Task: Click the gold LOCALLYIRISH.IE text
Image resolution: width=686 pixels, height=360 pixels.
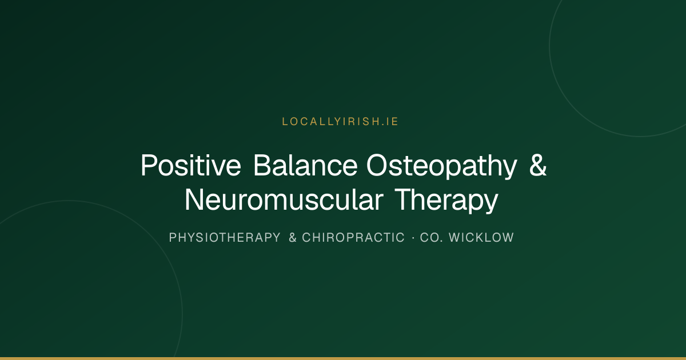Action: point(340,122)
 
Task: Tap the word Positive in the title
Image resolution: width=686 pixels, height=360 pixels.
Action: point(191,165)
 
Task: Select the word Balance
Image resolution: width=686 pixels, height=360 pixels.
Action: point(306,165)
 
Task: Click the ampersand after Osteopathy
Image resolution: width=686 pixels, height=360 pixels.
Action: point(538,165)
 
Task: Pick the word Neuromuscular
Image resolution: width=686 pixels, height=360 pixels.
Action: point(284,199)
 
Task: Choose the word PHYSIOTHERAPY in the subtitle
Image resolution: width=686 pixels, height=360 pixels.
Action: point(225,238)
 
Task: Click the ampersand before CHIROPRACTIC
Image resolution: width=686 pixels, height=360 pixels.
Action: point(293,238)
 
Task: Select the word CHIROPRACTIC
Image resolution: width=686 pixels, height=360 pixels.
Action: point(353,238)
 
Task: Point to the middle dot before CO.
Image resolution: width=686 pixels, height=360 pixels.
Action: point(413,238)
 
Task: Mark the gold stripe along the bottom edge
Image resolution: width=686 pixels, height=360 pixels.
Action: point(343,358)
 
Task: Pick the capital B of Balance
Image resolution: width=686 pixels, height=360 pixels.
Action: point(263,165)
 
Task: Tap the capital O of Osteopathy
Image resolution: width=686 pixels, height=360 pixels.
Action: point(378,165)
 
